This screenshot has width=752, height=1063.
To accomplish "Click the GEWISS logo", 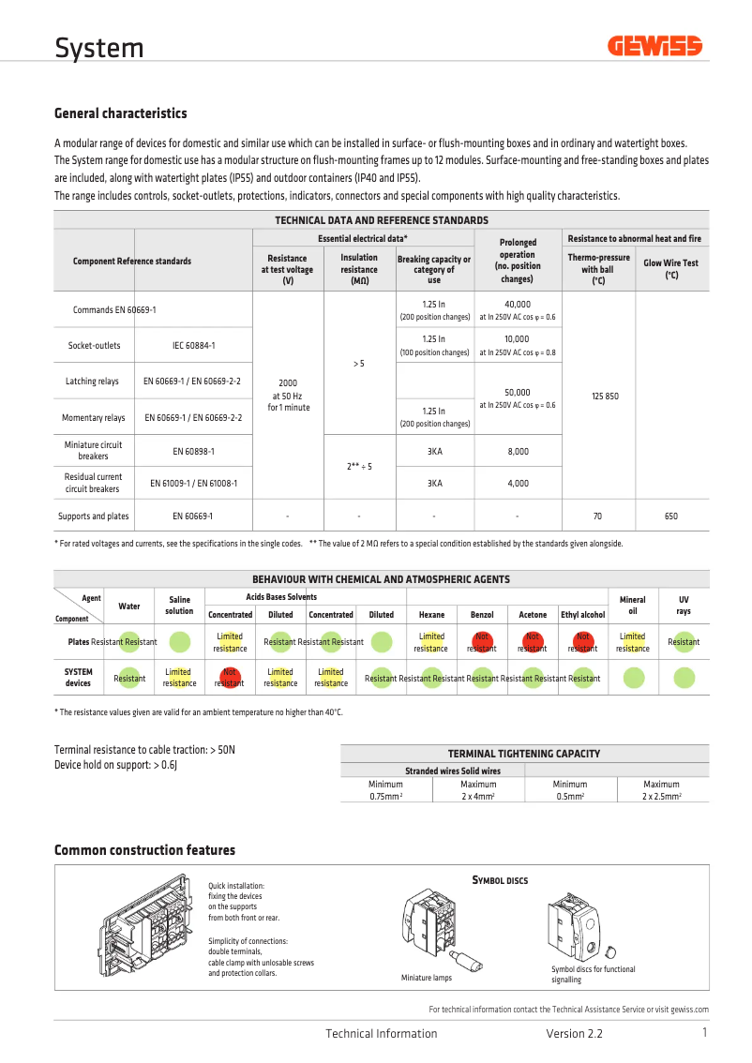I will [x=654, y=46].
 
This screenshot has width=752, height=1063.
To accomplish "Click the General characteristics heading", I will [x=120, y=113].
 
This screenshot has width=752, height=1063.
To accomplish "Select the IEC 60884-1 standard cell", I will [x=193, y=346].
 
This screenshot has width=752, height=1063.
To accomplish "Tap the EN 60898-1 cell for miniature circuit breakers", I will [x=193, y=451].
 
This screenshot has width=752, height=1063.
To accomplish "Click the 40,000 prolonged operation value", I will [x=517, y=305].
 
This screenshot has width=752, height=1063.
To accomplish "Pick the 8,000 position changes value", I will [x=517, y=451].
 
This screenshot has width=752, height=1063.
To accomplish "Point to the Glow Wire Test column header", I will [x=671, y=269].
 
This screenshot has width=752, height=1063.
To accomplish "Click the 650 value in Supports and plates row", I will [x=671, y=517].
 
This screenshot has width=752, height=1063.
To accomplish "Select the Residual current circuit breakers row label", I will [x=93, y=483].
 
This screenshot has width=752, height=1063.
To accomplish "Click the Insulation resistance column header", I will [x=359, y=269].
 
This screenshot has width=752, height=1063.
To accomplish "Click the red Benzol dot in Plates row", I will [x=482, y=642].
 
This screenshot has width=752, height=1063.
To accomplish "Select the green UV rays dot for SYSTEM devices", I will [x=684, y=678].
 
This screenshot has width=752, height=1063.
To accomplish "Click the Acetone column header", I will [x=533, y=615].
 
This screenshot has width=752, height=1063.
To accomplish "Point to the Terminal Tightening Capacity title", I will [x=524, y=753].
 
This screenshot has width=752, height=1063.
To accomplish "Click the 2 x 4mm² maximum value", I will [x=478, y=796].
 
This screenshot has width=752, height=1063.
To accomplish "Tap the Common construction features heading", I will [x=144, y=850].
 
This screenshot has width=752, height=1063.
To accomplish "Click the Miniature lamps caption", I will [x=427, y=978].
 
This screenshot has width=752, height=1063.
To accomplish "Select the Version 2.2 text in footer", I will [x=574, y=1034].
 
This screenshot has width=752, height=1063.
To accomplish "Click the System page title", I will [x=98, y=48].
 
